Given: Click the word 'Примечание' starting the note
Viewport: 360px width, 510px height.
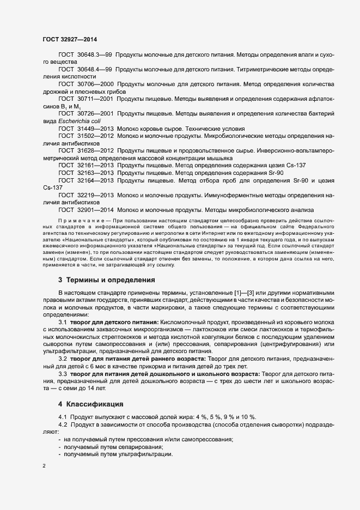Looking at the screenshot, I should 80,221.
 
